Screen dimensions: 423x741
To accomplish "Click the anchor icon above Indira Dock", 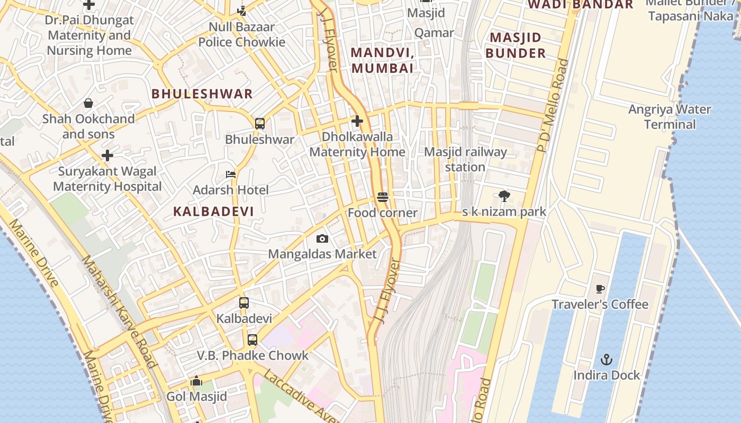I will pyautogui.click(x=606, y=360).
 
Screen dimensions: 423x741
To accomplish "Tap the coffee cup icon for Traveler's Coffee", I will pyautogui.click(x=600, y=289).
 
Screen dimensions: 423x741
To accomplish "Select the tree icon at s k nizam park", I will pyautogui.click(x=504, y=196).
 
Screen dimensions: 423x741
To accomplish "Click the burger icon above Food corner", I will pyautogui.click(x=383, y=197).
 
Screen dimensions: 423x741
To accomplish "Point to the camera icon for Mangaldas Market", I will pyautogui.click(x=322, y=239).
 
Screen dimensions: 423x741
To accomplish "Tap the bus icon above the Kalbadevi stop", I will pyautogui.click(x=244, y=303).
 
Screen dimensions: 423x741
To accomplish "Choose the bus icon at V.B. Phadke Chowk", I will pyautogui.click(x=252, y=340).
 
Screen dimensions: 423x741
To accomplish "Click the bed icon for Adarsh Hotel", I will pyautogui.click(x=231, y=174).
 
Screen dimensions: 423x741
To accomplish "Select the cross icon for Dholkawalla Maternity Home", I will pyautogui.click(x=357, y=121).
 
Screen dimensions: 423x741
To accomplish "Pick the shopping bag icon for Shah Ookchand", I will pyautogui.click(x=88, y=103).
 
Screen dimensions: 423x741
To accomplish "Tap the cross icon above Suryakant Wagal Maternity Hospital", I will pyautogui.click(x=107, y=155).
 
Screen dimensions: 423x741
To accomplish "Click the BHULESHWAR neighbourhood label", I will pyautogui.click(x=202, y=94).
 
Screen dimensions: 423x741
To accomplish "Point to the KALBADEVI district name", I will pyautogui.click(x=213, y=212).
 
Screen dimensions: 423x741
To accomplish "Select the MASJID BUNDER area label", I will pyautogui.click(x=516, y=45).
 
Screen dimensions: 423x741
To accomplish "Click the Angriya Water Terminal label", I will pyautogui.click(x=670, y=117).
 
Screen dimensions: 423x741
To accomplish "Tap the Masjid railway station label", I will pyautogui.click(x=465, y=160).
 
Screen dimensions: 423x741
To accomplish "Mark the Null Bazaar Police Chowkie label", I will pyautogui.click(x=242, y=34).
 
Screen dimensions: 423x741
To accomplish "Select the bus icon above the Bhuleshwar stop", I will pyautogui.click(x=259, y=124).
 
